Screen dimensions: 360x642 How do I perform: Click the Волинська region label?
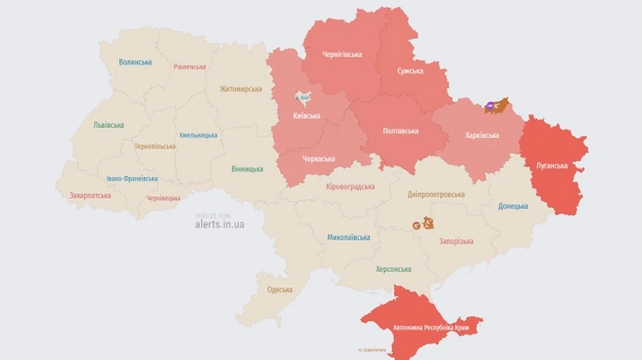tap(135, 62)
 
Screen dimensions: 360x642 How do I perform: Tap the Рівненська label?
tap(189, 67)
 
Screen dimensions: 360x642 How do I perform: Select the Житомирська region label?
tap(240, 89)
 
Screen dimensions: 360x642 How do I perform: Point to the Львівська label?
tap(108, 125)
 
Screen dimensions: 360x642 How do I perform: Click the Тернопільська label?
tap(155, 146)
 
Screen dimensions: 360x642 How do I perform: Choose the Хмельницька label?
tap(198, 135)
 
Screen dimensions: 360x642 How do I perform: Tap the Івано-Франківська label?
tap(132, 179)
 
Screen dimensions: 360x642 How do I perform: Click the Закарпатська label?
tap(90, 195)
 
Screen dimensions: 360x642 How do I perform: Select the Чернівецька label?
tap(163, 197)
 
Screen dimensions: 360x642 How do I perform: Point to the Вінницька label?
tap(247, 169)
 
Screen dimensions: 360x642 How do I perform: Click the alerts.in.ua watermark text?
tap(220, 224)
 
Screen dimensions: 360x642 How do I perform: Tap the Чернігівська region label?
tap(342, 54)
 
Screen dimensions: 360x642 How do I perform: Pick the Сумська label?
tap(409, 71)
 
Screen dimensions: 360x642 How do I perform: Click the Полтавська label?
tap(401, 131)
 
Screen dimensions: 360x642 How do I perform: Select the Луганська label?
tap(551, 166)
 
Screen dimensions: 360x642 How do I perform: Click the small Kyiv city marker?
tap(302, 98)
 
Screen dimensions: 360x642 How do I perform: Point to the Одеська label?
tap(280, 289)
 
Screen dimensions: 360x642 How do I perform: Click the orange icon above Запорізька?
tap(422, 223)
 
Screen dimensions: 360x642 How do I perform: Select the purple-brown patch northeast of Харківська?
tap(497, 106)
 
